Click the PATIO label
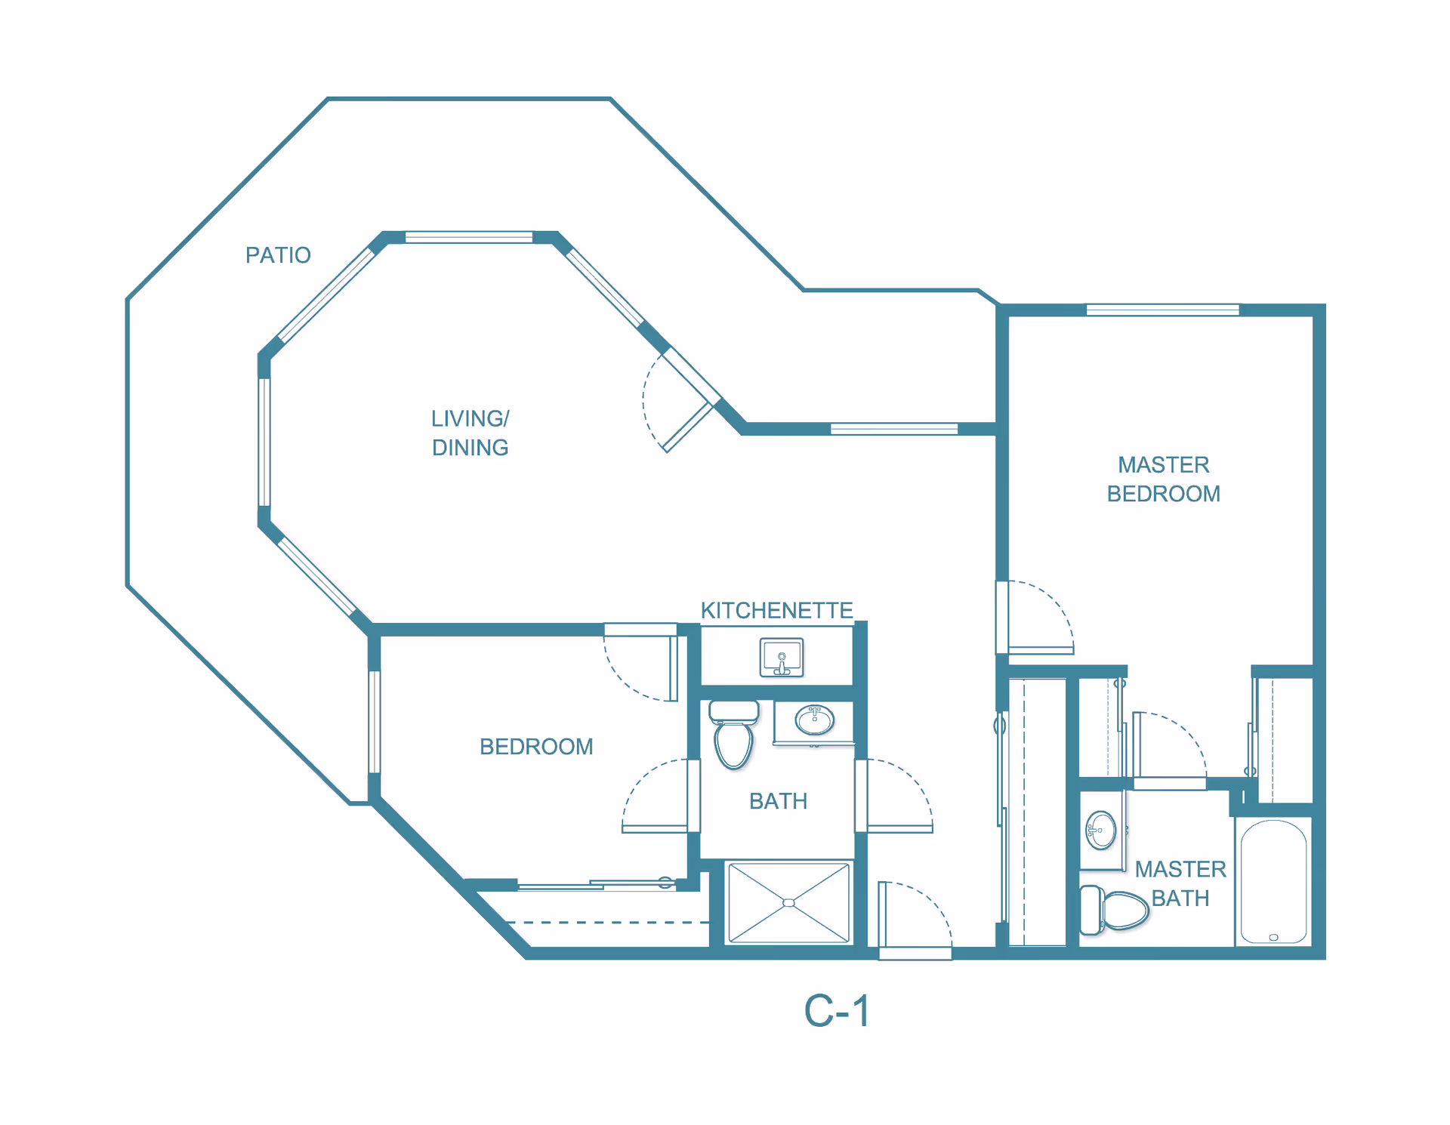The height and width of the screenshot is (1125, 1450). tap(278, 255)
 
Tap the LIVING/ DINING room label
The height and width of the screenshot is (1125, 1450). tap(470, 433)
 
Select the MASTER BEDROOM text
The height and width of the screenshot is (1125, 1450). tap(1163, 479)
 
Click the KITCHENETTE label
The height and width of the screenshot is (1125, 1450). tap(776, 610)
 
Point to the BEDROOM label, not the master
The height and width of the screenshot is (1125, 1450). tap(536, 747)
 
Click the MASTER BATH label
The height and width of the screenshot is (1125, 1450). tap(1180, 883)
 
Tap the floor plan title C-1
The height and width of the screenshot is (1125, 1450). tap(837, 1011)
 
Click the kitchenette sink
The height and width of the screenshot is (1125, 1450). tap(782, 658)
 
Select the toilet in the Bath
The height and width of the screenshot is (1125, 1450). tap(733, 735)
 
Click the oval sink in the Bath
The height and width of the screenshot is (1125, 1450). tap(814, 720)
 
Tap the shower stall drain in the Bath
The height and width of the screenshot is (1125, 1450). tap(788, 903)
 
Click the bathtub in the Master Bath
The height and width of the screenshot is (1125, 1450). tap(1274, 882)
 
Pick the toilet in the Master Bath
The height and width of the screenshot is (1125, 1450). tap(1114, 910)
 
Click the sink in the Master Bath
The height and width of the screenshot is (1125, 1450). tap(1101, 831)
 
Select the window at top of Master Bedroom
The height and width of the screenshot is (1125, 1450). tap(1163, 310)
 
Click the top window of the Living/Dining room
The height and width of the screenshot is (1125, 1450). tap(469, 238)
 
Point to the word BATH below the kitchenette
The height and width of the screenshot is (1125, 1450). tap(778, 801)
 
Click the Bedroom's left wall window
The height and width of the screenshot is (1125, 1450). tap(374, 722)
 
